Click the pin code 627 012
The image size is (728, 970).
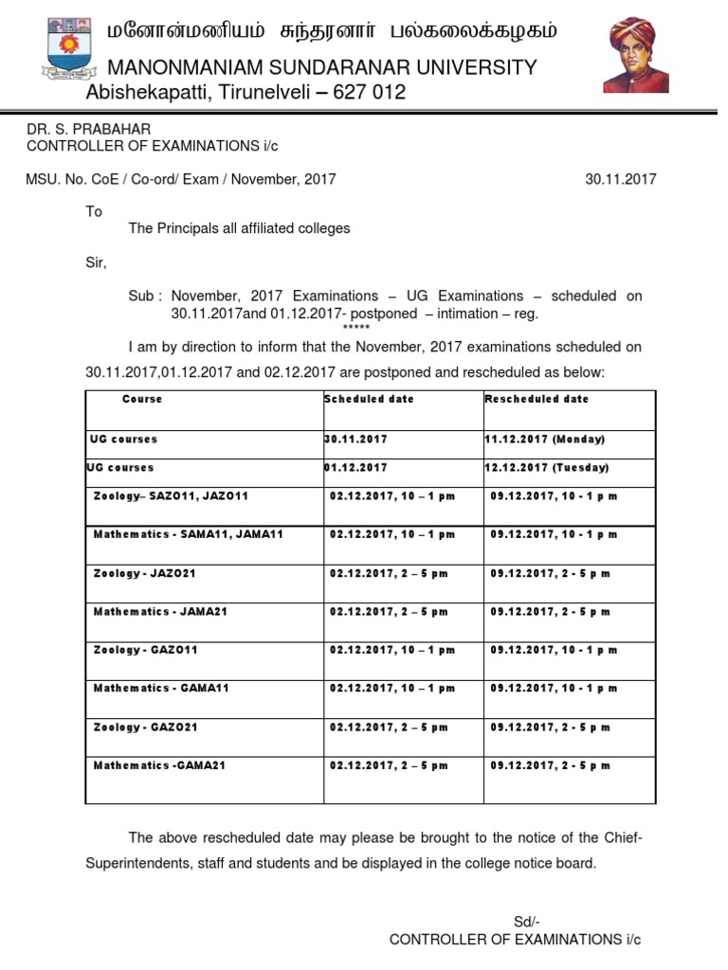(364, 93)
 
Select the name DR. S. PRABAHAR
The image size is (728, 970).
(88, 128)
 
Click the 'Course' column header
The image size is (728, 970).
(142, 400)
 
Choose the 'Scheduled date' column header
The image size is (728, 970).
(370, 400)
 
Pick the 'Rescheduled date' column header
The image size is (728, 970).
(537, 400)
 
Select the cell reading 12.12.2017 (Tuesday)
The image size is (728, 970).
(547, 468)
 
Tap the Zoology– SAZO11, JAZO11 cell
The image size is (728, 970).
(171, 496)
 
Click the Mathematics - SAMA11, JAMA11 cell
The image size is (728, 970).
(189, 534)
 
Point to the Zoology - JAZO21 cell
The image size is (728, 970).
(145, 573)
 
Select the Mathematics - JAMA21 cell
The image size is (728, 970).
(160, 612)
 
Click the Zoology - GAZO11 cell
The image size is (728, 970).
(145, 650)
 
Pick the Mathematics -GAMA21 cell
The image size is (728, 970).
(159, 765)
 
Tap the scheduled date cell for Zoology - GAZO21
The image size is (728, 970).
(389, 727)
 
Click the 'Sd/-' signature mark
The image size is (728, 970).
(527, 922)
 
